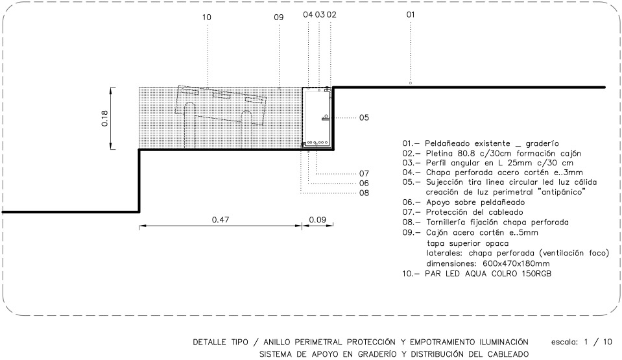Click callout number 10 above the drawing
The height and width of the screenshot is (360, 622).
(207, 18)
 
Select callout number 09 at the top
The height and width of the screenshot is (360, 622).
(279, 18)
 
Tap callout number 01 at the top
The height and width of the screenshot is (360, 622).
(411, 15)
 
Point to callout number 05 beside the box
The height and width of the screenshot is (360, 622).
(364, 117)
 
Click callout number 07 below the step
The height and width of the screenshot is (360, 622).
(364, 173)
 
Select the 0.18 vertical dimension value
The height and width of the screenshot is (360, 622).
(104, 118)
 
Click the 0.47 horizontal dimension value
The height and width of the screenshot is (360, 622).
(220, 219)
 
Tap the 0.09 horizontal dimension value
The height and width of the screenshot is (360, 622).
(317, 219)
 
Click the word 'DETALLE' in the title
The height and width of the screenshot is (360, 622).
(209, 342)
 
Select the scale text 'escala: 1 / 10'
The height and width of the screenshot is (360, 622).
(582, 342)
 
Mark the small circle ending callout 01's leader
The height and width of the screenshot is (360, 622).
(411, 83)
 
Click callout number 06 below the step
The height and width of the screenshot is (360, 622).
(364, 183)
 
